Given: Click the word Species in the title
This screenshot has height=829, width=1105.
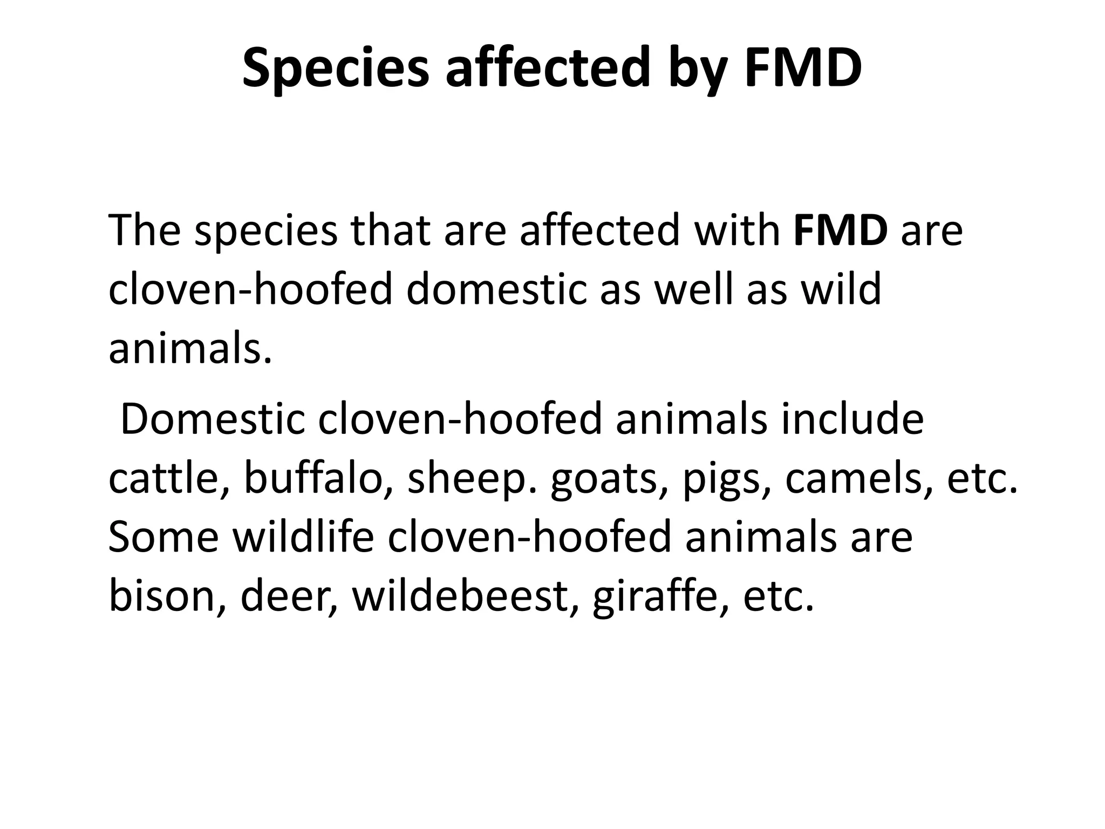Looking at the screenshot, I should coord(335,69).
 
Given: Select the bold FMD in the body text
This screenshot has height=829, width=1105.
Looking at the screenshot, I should coord(841,230).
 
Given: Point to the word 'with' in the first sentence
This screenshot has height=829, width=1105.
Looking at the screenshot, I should coord(737,230).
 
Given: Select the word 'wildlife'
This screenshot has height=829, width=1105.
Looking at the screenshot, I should coord(303,537).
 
